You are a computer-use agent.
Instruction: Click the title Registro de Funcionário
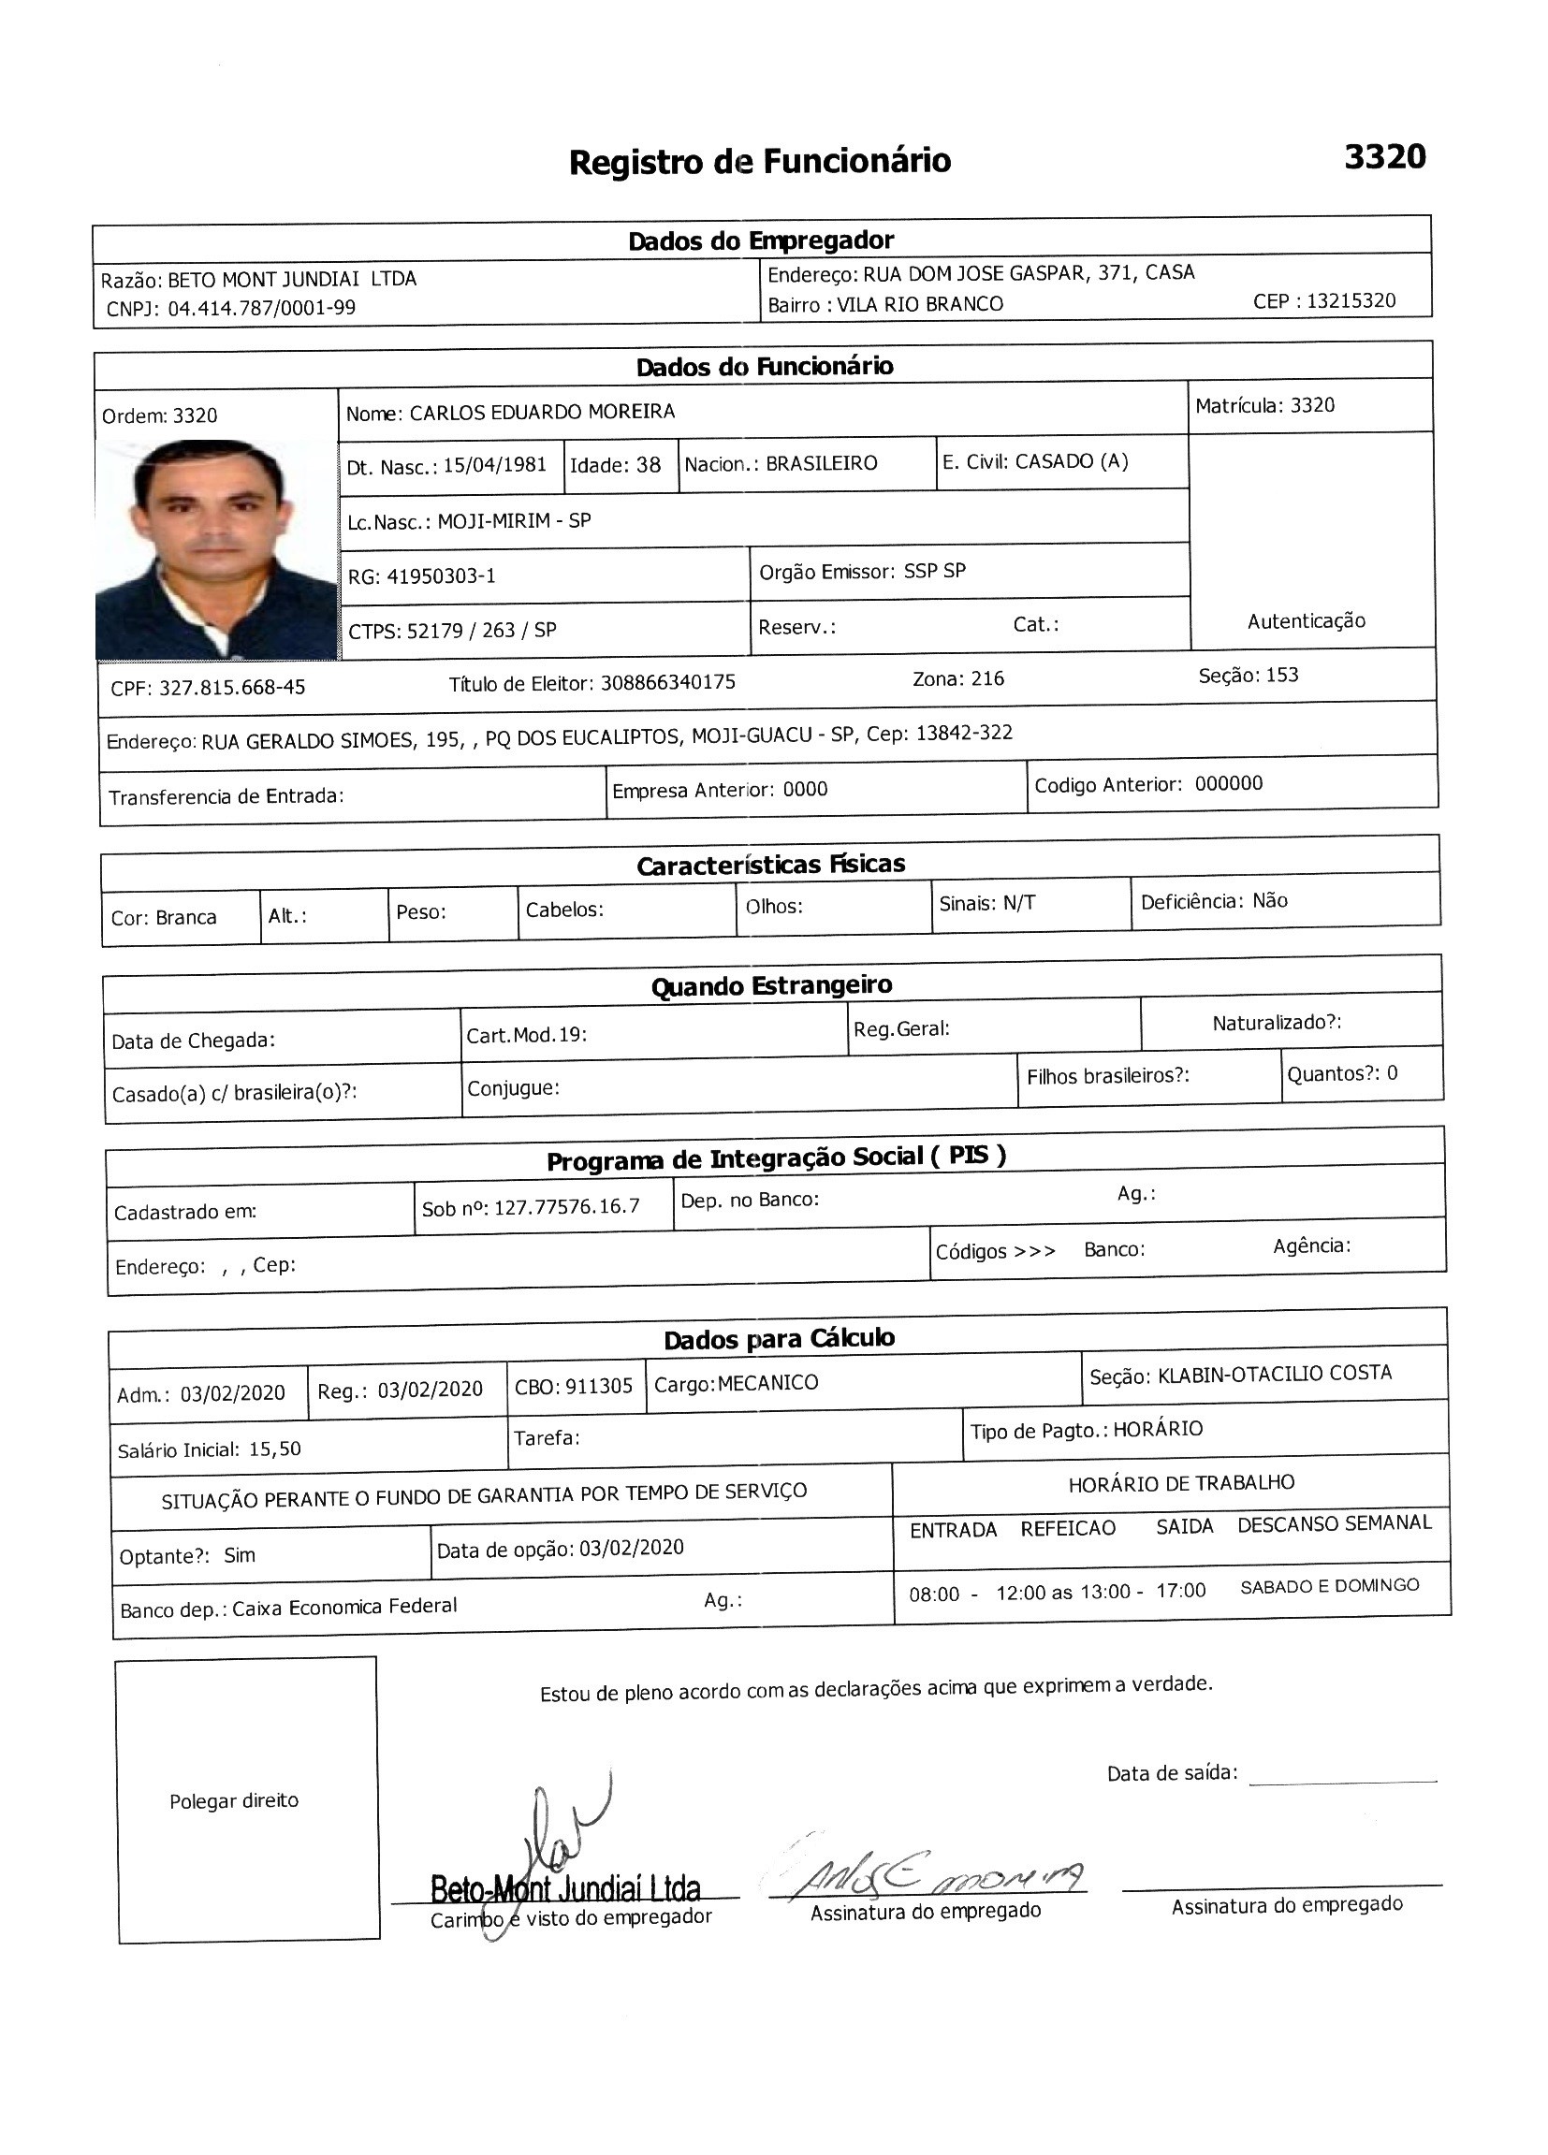(x=759, y=162)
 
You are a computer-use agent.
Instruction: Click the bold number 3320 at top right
(x=1384, y=157)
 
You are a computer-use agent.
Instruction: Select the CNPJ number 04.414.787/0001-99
(x=261, y=308)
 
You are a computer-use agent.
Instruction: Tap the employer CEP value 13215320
(x=1351, y=301)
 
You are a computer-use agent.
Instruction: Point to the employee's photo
(x=216, y=548)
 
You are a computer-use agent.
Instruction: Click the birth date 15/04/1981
(x=495, y=465)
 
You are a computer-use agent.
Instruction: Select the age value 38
(x=648, y=465)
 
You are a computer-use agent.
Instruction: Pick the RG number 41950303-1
(x=441, y=575)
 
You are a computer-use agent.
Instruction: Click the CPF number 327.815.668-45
(x=232, y=687)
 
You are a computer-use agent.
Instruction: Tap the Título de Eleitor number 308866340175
(x=668, y=682)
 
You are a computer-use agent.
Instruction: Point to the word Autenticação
(x=1306, y=621)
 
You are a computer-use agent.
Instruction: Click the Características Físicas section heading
(x=770, y=865)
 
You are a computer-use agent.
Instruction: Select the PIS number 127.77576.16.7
(x=567, y=1207)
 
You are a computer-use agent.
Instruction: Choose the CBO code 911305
(x=599, y=1387)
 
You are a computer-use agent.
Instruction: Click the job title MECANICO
(x=767, y=1382)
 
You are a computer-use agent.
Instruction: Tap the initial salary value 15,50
(x=275, y=1449)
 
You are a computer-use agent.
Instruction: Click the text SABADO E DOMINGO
(x=1329, y=1586)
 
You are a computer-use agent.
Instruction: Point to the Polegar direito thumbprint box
(x=247, y=1799)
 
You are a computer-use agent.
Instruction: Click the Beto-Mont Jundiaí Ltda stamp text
(x=565, y=1888)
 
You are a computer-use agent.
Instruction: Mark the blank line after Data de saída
(x=1342, y=1780)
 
